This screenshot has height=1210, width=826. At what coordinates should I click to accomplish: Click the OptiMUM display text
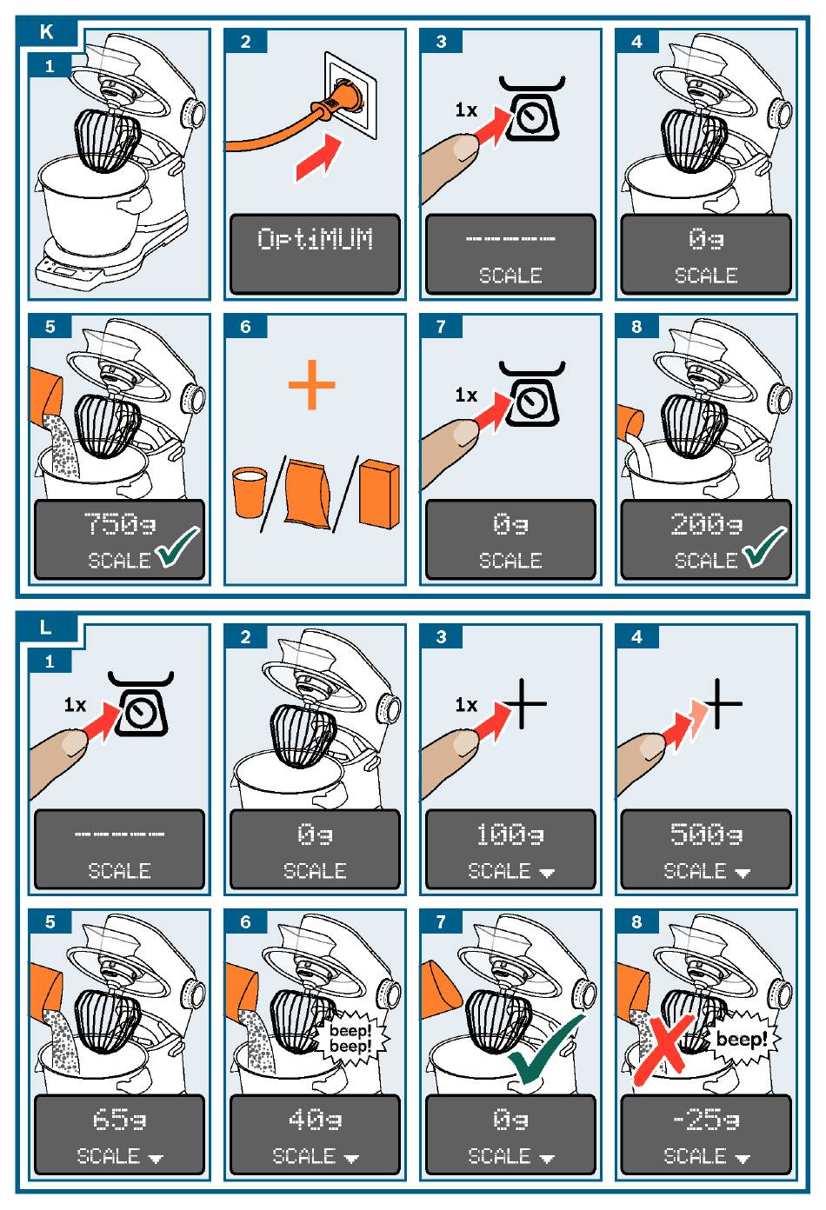click(x=315, y=238)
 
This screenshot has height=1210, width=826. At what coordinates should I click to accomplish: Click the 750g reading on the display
click(x=120, y=524)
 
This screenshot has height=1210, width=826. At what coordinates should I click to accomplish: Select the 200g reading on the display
click(x=706, y=524)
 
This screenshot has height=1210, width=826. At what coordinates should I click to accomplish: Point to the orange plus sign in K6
click(x=312, y=384)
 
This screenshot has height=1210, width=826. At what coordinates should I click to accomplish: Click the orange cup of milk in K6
click(x=250, y=492)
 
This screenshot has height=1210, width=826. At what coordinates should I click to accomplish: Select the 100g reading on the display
click(x=510, y=834)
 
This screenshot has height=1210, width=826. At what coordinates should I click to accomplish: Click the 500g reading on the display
click(x=706, y=834)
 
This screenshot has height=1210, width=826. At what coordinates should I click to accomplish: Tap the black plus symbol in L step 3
click(x=522, y=703)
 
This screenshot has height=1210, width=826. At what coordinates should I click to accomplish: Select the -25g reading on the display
click(x=706, y=1119)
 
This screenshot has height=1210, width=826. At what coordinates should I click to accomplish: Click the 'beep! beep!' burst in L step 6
click(x=351, y=1037)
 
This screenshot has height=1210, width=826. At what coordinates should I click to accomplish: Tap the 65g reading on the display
click(x=119, y=1119)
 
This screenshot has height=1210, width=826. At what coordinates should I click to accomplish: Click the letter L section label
click(x=46, y=628)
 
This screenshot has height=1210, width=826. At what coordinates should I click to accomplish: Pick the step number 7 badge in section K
click(x=442, y=326)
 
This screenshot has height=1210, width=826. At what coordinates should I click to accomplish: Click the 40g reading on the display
click(x=315, y=1119)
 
